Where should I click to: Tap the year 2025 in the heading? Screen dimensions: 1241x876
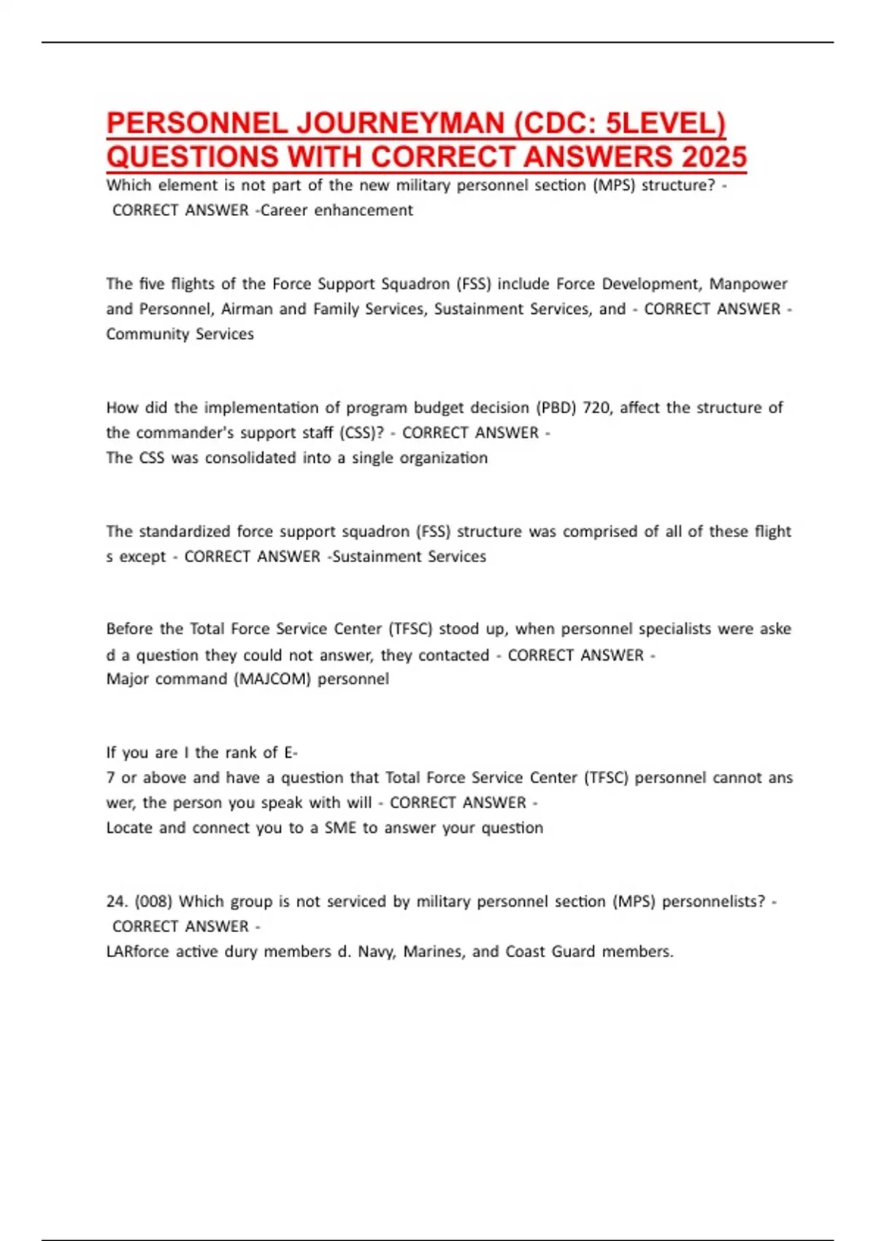712,157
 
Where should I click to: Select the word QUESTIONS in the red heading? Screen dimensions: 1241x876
192,157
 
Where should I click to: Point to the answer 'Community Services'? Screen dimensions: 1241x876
180,334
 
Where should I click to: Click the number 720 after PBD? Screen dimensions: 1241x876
596,407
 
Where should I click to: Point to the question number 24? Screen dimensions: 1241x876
117,902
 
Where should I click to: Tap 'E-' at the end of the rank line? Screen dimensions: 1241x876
291,753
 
